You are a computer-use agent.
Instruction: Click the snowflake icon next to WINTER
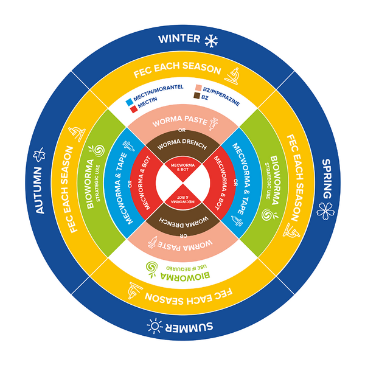click(211, 41)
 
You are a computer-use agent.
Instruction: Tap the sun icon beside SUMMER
click(155, 325)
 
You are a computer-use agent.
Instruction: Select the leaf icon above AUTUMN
click(39, 155)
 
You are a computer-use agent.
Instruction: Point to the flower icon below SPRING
click(325, 211)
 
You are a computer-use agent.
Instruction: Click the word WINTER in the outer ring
click(179, 39)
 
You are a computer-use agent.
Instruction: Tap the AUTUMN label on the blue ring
click(39, 190)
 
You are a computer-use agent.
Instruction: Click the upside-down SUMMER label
click(189, 327)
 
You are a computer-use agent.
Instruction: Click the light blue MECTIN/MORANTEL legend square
click(129, 102)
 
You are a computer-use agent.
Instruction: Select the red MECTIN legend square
click(134, 109)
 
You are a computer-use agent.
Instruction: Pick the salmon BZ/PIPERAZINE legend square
click(198, 88)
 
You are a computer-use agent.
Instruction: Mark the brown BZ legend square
click(197, 96)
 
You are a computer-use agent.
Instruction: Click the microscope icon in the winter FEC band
click(232, 76)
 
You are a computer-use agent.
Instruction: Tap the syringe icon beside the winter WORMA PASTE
click(214, 123)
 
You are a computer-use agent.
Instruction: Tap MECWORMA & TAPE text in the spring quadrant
click(241, 179)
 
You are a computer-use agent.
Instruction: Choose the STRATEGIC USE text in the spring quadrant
click(268, 181)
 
